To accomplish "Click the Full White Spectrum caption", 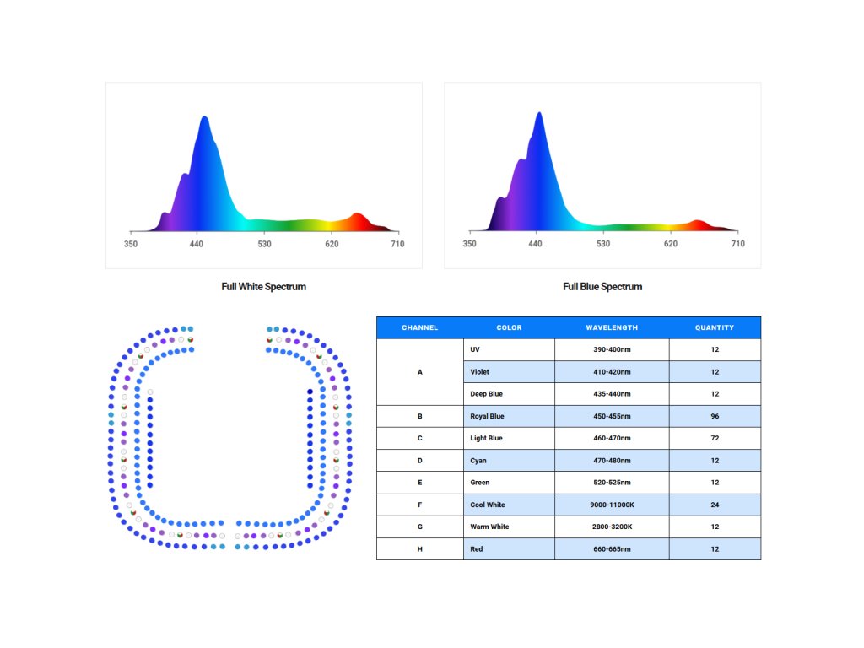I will click(x=263, y=287).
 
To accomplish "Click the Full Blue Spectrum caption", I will click(x=602, y=287).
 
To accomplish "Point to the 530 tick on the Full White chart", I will click(x=264, y=244).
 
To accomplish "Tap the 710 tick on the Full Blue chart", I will click(x=737, y=244).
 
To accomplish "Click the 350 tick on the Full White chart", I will click(x=131, y=244).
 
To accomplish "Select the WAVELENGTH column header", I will click(x=612, y=327).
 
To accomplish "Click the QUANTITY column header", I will click(x=715, y=327).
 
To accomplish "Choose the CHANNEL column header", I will click(x=419, y=327).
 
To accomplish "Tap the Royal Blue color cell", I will click(x=488, y=416).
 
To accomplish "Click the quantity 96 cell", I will click(x=715, y=416).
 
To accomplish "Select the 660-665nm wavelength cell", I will click(x=612, y=549).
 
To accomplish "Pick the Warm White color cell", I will click(x=489, y=526).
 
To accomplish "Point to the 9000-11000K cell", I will click(x=612, y=505).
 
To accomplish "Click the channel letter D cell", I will click(x=420, y=461).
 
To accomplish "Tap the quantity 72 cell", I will click(x=715, y=439).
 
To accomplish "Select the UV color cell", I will click(x=475, y=349).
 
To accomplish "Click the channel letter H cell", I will click(x=420, y=549).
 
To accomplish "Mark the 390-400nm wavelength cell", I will click(x=612, y=349).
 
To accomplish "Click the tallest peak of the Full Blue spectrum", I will click(x=538, y=115).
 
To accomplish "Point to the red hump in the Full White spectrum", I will click(x=358, y=219).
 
